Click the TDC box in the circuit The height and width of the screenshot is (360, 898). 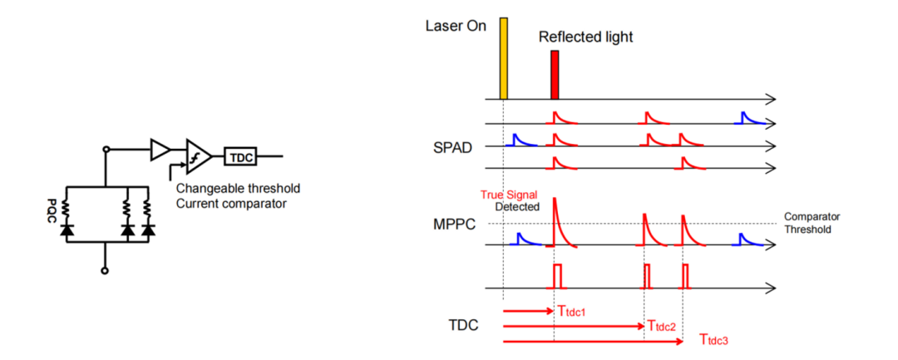tap(240, 155)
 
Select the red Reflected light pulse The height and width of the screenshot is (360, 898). tap(555, 74)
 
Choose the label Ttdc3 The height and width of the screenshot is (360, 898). tap(714, 339)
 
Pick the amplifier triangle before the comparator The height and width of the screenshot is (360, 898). tap(159, 150)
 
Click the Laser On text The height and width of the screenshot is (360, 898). tap(455, 24)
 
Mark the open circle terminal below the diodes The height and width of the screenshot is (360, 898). tap(105, 270)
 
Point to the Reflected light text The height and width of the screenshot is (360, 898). tap(585, 37)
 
